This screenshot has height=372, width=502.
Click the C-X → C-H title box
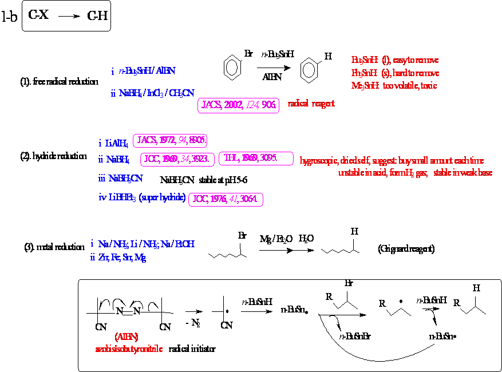66,17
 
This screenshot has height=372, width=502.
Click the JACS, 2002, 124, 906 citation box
239,105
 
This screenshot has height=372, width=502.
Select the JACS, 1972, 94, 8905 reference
170,140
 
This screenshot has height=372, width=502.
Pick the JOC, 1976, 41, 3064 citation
226,199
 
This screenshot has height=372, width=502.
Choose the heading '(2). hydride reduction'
53,156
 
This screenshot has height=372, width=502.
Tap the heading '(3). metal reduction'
54,247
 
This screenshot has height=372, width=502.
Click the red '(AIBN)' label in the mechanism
126,337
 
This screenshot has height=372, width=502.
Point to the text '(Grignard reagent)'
406,249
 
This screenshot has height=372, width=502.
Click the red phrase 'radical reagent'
311,104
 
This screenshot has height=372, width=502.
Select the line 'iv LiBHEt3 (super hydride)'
141,198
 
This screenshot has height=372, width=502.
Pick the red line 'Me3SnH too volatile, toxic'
394,85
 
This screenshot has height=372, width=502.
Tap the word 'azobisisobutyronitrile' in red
130,348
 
